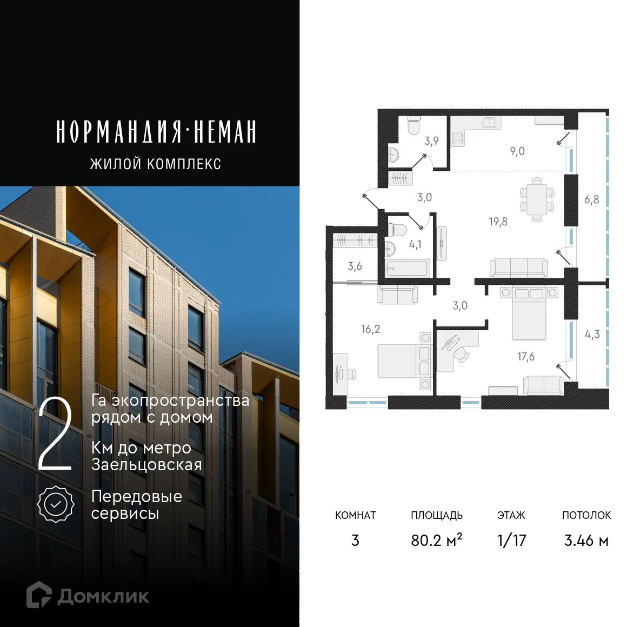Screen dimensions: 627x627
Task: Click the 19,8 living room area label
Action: coord(498,221)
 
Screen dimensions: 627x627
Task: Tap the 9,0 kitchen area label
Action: coord(517,151)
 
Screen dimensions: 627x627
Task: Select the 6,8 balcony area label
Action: coord(591,199)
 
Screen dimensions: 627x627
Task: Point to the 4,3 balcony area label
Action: coord(592,334)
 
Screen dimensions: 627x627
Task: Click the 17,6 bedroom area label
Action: coord(525,357)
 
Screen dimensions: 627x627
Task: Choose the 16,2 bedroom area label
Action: coord(371,329)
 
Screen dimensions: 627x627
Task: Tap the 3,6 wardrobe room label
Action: coord(355,266)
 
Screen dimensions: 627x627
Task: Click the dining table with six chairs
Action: coord(537,199)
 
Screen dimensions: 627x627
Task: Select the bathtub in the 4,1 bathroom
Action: coord(406,268)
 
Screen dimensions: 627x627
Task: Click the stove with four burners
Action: coord(458,139)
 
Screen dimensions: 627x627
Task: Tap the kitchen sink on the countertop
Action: coord(490,122)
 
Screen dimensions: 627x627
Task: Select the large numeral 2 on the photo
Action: coord(55,436)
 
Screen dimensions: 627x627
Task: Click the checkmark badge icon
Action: coord(56,504)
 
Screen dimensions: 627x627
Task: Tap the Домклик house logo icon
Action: coord(40,595)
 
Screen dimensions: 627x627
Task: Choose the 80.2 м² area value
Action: coord(436,540)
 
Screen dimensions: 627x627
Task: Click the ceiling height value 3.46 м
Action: coord(586,540)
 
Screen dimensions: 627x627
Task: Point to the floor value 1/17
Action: coord(511,540)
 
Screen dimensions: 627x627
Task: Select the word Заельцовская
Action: coord(146,465)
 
